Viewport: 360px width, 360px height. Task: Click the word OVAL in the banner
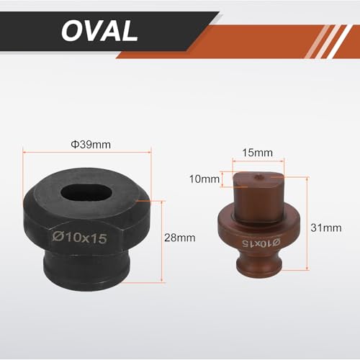coord(99,31)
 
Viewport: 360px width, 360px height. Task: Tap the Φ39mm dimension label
coord(91,145)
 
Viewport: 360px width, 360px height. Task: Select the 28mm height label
coord(180,238)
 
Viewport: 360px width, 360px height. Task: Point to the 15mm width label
coord(258,153)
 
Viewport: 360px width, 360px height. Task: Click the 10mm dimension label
coord(204,179)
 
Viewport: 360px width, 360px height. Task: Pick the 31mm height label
coord(326,228)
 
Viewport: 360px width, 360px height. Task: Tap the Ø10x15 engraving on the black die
coord(79,238)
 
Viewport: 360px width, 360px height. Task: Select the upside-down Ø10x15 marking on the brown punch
coord(261,243)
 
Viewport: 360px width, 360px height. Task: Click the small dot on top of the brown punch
coord(258,177)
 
